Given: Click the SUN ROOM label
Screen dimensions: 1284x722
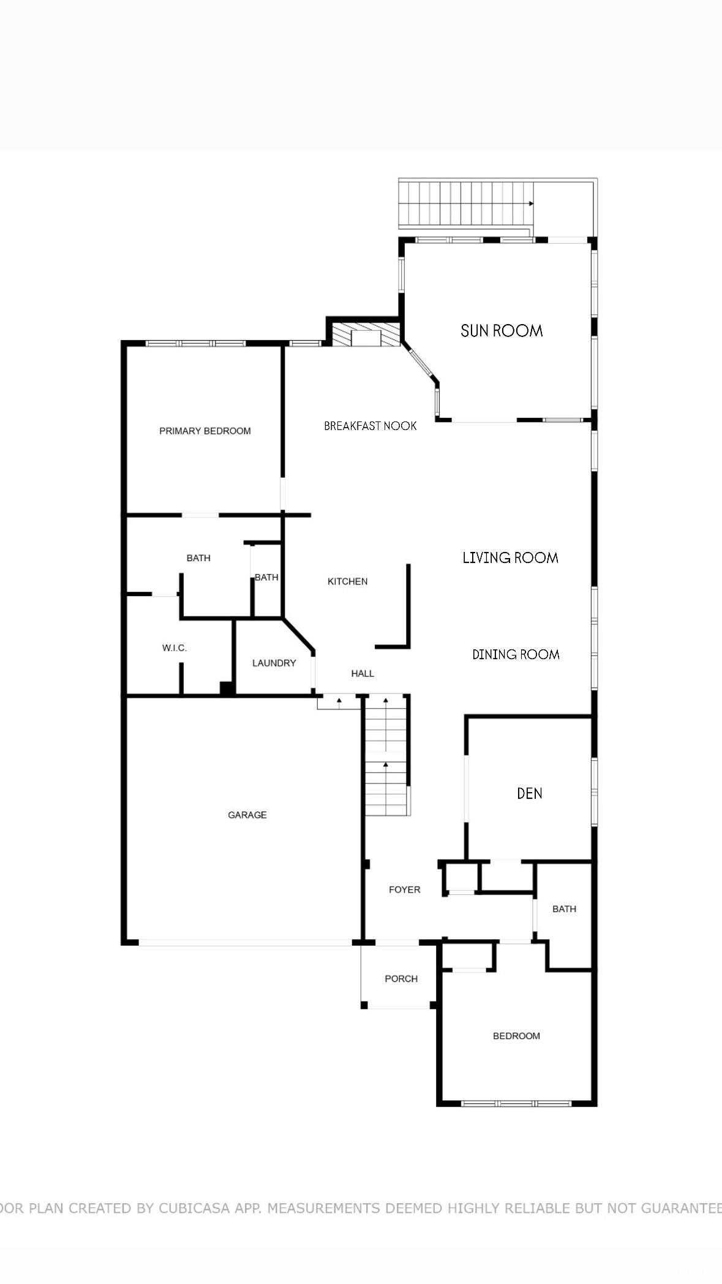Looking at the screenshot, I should tap(502, 331).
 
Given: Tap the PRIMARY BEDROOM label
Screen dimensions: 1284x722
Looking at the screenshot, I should tap(205, 431).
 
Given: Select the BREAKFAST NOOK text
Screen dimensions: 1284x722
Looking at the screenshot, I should tap(370, 426).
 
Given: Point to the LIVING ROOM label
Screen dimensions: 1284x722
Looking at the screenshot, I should tap(510, 557).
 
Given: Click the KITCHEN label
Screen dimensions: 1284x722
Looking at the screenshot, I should tap(347, 581).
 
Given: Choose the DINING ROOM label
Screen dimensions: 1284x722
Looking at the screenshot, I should tap(516, 654).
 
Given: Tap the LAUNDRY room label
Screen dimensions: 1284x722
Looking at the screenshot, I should tap(274, 663).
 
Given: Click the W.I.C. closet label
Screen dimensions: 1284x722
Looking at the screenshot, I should tap(175, 648).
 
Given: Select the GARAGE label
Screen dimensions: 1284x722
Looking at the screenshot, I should tap(247, 815).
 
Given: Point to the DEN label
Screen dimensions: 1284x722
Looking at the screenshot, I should tap(529, 793).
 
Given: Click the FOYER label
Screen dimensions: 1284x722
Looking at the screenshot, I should tap(404, 889).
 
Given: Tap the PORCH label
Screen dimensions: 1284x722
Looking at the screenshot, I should tap(401, 978).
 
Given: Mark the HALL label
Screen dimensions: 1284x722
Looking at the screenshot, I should tap(363, 673).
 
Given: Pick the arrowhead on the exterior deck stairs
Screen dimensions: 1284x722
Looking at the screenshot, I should tap(531, 203).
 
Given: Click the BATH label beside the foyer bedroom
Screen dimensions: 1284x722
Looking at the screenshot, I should tap(564, 908).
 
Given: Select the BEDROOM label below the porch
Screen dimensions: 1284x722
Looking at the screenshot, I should tap(516, 1036).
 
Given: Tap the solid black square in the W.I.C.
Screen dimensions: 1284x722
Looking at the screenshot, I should tap(227, 688).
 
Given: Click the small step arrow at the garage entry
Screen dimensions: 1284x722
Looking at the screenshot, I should tap(339, 700).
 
